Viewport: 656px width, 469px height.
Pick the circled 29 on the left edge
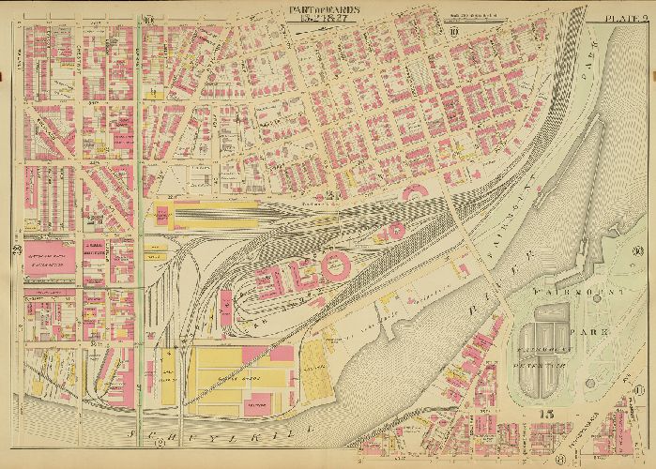click(17, 248)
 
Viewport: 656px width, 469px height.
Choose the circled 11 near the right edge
click(638, 390)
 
